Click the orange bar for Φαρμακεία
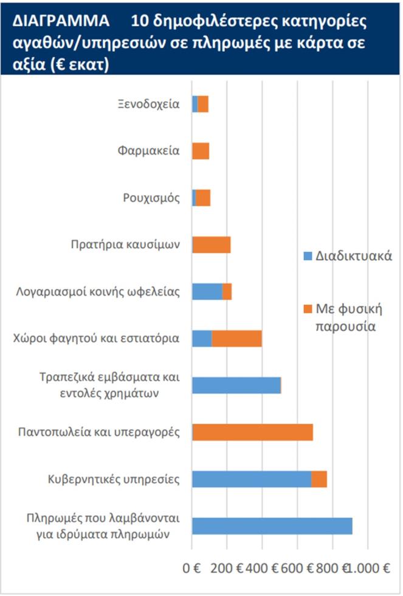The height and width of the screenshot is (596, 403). pos(201,151)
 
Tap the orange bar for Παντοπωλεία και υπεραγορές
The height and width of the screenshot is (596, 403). pos(252,432)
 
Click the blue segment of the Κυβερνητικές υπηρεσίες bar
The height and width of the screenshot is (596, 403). pos(252,479)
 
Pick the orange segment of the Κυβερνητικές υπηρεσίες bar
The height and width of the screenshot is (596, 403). pos(319,479)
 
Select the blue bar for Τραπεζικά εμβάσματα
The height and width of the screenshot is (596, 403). pos(236,386)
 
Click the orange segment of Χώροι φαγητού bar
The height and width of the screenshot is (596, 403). pos(236,339)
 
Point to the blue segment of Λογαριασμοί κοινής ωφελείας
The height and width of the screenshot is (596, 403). pos(207,292)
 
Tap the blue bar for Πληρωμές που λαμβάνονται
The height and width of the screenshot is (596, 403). pos(272,526)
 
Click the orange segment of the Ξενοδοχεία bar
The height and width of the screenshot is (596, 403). pos(203,104)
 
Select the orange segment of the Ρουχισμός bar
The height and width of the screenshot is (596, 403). pos(203,198)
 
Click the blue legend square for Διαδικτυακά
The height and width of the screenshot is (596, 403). pos(307,256)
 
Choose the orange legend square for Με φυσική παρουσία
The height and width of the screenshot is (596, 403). pos(307,309)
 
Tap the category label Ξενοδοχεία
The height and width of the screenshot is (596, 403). pos(149,103)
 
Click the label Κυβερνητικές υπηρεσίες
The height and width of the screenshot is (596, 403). pos(114,479)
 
